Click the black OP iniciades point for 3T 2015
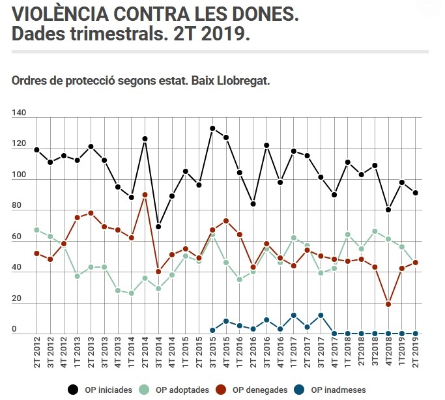212,128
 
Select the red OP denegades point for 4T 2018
388,304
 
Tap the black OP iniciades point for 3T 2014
158,227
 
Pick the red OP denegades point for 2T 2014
145,195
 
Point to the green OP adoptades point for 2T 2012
36,230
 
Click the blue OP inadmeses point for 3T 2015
212,330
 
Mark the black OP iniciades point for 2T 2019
416,193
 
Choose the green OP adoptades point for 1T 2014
131,293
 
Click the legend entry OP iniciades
108,390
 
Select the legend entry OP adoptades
182,390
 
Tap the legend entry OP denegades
259,390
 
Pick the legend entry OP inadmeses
337,390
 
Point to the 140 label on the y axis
19,113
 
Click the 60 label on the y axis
17,238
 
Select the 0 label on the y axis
14,330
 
